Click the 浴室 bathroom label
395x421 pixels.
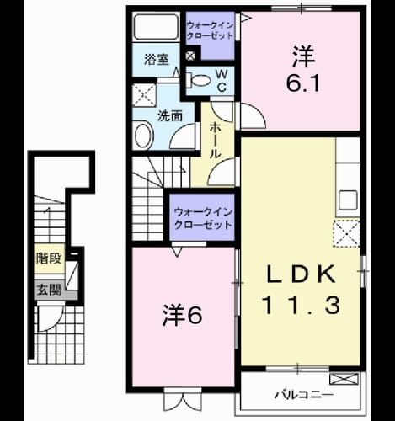tap(157, 60)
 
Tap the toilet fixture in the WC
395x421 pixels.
tap(199, 81)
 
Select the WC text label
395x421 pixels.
tap(222, 81)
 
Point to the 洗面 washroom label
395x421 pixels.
tap(170, 115)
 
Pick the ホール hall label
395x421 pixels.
tap(216, 141)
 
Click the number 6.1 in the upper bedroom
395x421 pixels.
tap(303, 83)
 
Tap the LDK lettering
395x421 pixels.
tap(301, 273)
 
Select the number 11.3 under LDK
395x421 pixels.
tap(301, 306)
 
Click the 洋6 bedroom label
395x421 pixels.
tap(183, 315)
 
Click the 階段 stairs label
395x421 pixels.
tap(49, 258)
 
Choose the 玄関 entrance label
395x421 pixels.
tap(49, 290)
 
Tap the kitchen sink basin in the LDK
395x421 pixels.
tap(348, 200)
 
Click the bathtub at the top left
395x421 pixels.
tap(156, 27)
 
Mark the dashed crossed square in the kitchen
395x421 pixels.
tap(347, 233)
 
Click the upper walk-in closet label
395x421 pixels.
tap(210, 30)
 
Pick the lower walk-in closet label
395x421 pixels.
tap(203, 218)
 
